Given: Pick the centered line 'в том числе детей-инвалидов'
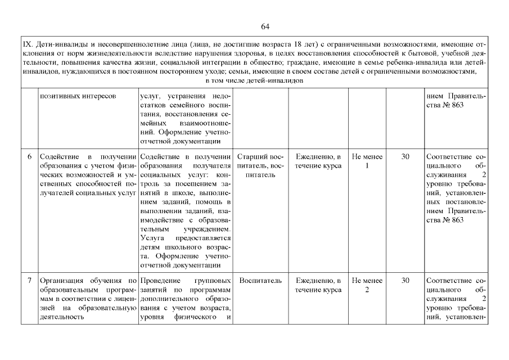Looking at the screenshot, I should (x=255, y=80).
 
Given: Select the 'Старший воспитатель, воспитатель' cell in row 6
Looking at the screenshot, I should (x=260, y=165).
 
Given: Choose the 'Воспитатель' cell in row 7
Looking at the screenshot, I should (x=260, y=281).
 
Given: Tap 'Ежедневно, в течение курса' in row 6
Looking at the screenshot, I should (x=318, y=161).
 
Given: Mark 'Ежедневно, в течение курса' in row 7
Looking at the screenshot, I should (x=318, y=285).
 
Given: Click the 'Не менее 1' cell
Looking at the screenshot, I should (x=367, y=161).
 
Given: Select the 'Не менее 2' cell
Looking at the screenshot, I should (x=367, y=285).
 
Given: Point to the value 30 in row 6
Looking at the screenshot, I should (x=405, y=156).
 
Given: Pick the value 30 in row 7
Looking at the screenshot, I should (x=405, y=281).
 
